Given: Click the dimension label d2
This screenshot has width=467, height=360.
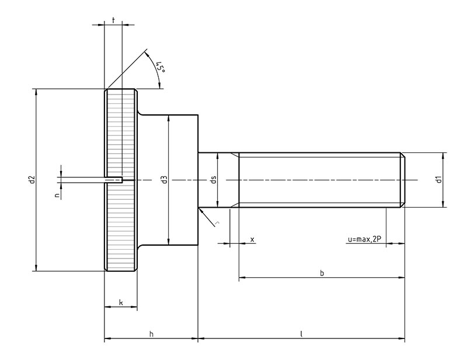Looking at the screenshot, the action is click(32, 180).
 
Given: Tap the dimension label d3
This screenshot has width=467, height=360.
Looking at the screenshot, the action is click(164, 180).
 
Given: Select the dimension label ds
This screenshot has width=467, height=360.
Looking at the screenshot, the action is click(213, 180).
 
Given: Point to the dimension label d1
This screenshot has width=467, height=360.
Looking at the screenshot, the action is click(438, 180).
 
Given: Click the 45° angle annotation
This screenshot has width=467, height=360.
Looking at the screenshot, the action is click(161, 68).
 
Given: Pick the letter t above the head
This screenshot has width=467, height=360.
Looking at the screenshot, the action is click(113, 20).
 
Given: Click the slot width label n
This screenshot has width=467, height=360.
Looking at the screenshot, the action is click(57, 195).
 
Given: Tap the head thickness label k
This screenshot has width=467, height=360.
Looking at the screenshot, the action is click(121, 303).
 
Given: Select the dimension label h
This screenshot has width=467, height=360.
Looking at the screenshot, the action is click(151, 334).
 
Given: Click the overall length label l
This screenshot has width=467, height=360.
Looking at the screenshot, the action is click(301, 334).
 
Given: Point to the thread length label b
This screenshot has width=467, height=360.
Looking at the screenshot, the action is click(322, 273).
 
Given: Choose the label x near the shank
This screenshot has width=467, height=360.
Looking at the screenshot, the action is click(252, 239).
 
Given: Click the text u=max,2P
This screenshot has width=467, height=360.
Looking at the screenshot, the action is click(364, 239).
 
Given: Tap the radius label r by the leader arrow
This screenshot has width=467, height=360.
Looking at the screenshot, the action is click(217, 222).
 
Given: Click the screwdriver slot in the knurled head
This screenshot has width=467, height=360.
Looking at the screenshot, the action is click(113, 180).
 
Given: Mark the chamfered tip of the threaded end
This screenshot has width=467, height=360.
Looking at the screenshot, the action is click(402, 180).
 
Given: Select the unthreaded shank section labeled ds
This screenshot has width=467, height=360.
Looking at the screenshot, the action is click(218, 180).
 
